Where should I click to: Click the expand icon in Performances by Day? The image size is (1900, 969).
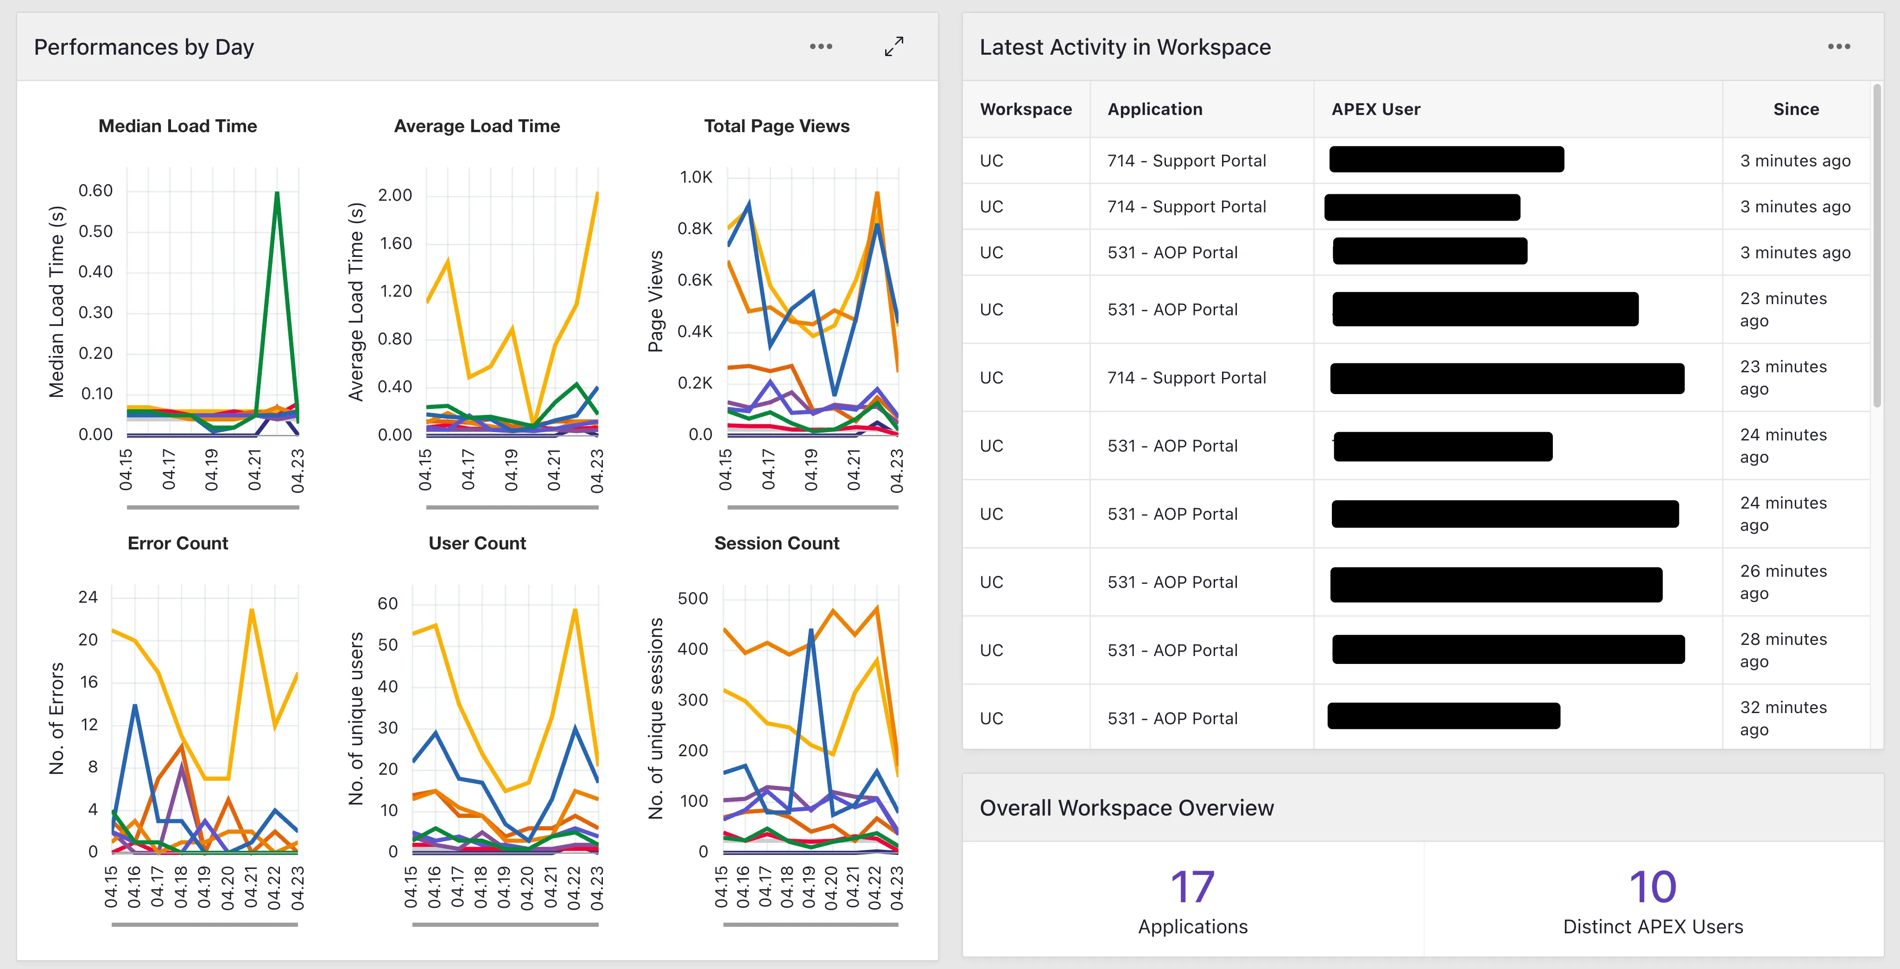pyautogui.click(x=894, y=46)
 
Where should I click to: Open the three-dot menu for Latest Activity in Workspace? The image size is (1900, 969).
pyautogui.click(x=1839, y=46)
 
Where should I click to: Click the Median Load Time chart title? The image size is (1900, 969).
pyautogui.click(x=178, y=126)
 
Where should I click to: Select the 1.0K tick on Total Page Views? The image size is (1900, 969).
pyautogui.click(x=696, y=177)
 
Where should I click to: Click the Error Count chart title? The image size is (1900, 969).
pyautogui.click(x=178, y=543)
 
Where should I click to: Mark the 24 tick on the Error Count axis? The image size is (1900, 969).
pyautogui.click(x=88, y=597)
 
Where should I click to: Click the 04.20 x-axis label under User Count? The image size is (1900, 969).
pyautogui.click(x=526, y=888)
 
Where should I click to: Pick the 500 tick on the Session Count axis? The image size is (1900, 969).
pyautogui.click(x=693, y=599)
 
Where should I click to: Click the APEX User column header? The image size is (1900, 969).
pyautogui.click(x=1375, y=109)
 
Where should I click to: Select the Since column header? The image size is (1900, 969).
pyautogui.click(x=1796, y=109)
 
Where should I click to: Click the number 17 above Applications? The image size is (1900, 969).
pyautogui.click(x=1192, y=886)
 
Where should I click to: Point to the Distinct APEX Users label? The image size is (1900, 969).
pyautogui.click(x=1653, y=927)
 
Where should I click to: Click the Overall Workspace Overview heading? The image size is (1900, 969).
pyautogui.click(x=1126, y=808)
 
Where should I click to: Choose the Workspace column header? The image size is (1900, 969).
pyautogui.click(x=1026, y=109)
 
